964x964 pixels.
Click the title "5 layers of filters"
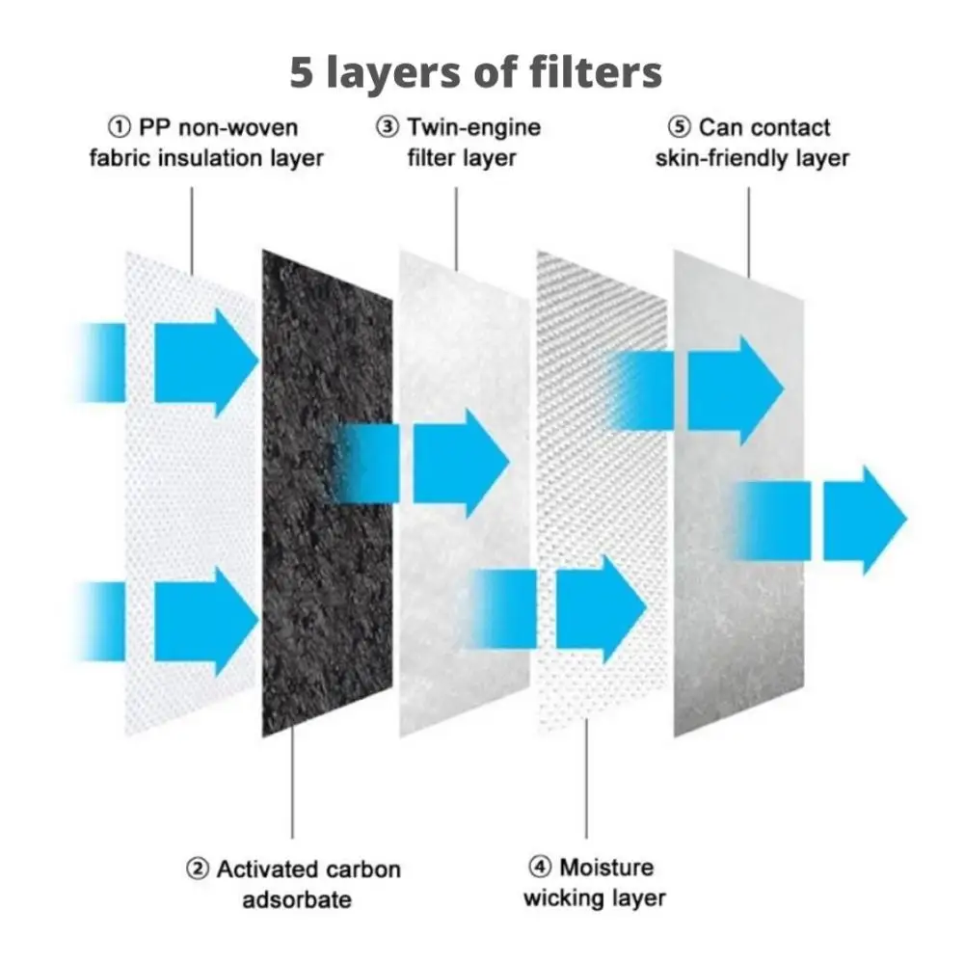point(476,73)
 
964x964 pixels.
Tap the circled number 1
point(119,127)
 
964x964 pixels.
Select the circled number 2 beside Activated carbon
point(197,870)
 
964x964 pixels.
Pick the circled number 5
point(680,127)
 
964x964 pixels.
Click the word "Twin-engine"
point(473,127)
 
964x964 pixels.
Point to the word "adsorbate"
point(296,900)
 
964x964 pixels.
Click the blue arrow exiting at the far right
point(863,521)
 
